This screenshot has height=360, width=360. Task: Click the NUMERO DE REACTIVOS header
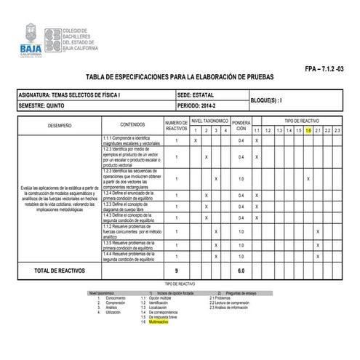point(176,125)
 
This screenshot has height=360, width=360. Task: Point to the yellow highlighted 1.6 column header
point(308,130)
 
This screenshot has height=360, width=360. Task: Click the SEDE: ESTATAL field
point(195,95)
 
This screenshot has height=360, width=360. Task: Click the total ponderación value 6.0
point(241,271)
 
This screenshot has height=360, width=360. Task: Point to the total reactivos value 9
point(176,271)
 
